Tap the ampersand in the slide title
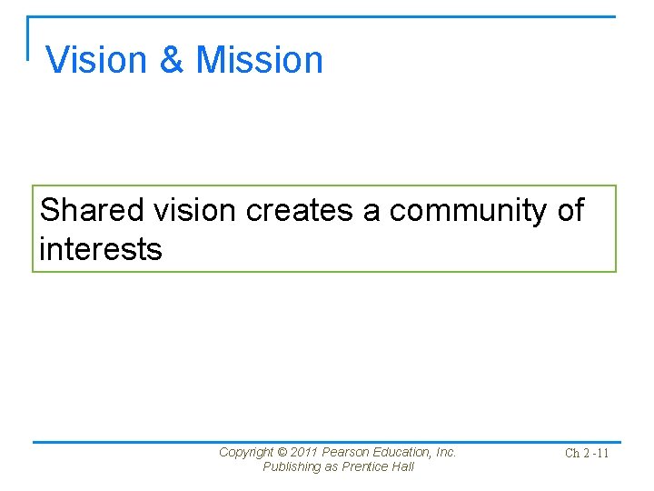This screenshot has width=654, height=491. (172, 60)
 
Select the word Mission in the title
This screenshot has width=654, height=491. (260, 60)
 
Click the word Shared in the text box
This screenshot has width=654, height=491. (92, 211)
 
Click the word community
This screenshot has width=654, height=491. (469, 211)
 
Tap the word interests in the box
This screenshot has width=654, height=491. (101, 248)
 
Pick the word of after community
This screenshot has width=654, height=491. (570, 211)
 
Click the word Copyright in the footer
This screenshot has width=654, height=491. (245, 452)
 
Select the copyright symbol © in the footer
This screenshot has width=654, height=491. (281, 452)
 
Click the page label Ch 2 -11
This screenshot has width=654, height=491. (586, 453)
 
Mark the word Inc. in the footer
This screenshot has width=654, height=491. (446, 452)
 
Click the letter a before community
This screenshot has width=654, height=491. (372, 211)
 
